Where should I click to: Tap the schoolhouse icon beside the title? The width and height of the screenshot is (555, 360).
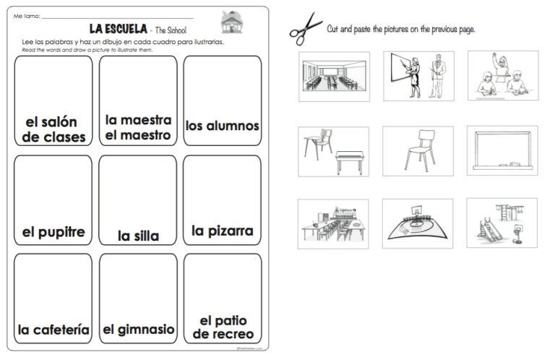pos(231,22)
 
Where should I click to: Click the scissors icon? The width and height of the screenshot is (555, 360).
pos(306,29)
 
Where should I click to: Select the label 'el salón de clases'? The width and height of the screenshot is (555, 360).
pos(53,129)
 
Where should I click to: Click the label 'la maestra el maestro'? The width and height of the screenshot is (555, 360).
pos(138,127)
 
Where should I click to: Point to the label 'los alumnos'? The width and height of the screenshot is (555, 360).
pos(222,126)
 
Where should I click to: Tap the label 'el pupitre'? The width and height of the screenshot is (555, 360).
pos(53,232)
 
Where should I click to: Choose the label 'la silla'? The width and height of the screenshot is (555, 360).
pos(138,235)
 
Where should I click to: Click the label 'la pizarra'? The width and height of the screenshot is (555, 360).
pos(222,231)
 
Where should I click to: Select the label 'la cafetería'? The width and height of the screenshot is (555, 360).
pos(53,330)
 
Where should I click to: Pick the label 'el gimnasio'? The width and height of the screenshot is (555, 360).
pos(138,330)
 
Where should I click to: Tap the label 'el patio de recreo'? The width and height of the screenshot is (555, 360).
pos(223,327)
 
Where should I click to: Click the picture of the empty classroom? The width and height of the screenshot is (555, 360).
pos(333,76)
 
